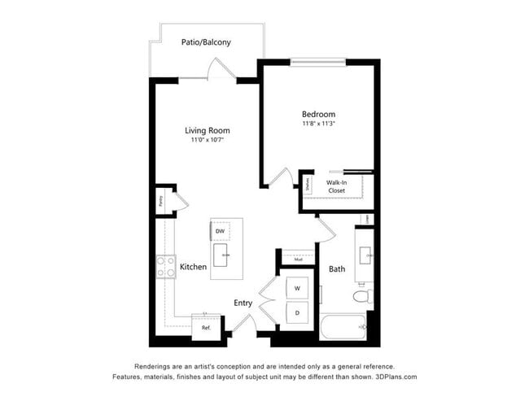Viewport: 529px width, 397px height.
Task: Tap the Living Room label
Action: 207,130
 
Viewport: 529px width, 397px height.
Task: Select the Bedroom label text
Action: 318,115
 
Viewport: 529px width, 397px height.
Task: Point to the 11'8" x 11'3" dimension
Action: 318,125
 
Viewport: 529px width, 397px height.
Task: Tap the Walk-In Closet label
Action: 336,186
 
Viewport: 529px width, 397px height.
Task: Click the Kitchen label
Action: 193,266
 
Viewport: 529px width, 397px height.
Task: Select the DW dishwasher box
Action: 220,232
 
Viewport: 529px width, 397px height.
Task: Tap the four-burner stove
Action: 166,267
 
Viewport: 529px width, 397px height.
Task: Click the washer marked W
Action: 296,288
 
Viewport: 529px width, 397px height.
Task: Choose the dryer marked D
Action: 296,312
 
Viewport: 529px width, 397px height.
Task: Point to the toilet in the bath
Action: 364,294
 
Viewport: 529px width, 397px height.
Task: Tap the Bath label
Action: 336,269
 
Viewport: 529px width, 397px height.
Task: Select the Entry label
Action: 243,303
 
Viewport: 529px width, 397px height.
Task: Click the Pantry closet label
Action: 161,200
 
